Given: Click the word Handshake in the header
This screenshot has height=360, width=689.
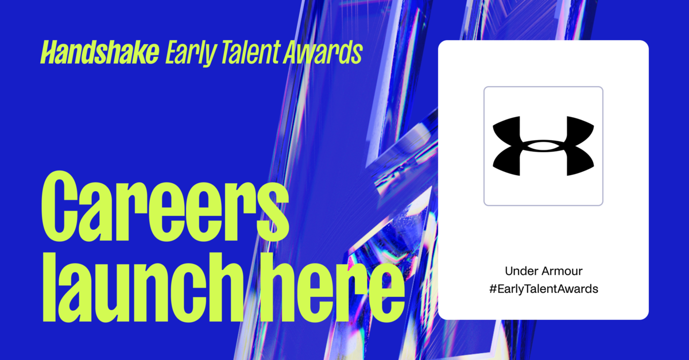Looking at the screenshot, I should tap(99, 53).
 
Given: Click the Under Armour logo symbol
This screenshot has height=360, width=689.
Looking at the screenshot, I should tap(543, 146).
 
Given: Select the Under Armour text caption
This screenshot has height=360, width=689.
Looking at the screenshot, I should tap(543, 270).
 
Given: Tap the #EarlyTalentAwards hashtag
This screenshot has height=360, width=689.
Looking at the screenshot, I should tap(543, 289).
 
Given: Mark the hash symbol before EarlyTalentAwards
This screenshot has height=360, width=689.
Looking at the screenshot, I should tap(492, 289).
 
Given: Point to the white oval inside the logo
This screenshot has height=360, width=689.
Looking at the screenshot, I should tap(543, 147).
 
